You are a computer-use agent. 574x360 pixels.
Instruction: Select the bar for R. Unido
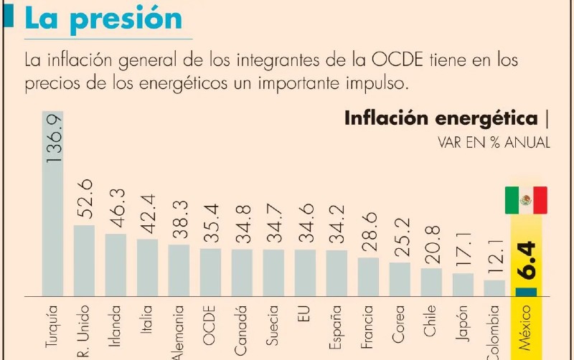pyautogui.click(x=84, y=260)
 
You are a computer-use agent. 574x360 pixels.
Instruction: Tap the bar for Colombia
pyautogui.click(x=494, y=288)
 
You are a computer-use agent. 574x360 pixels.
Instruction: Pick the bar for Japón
pyautogui.click(x=463, y=284)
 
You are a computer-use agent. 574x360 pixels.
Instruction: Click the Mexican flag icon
pyautogui.click(x=525, y=200)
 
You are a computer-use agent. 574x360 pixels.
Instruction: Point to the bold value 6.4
pyautogui.click(x=526, y=262)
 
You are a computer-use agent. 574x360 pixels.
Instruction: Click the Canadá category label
pyautogui.click(x=242, y=328)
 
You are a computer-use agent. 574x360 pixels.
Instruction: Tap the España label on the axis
pyautogui.click(x=337, y=327)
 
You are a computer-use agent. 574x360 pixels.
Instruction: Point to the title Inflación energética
pyautogui.click(x=441, y=118)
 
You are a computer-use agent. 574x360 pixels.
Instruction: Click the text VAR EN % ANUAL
pyautogui.click(x=494, y=143)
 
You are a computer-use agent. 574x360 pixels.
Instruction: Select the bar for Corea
pyautogui.click(x=400, y=279)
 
